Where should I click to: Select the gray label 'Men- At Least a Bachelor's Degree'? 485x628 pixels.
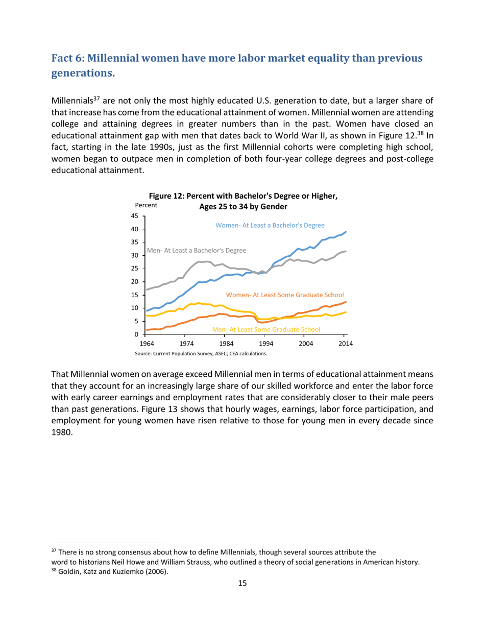coord(197,251)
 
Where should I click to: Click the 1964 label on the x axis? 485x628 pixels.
coord(147,343)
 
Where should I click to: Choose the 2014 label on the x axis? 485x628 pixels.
coord(345,343)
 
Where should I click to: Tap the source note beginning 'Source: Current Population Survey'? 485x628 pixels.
coord(201,353)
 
